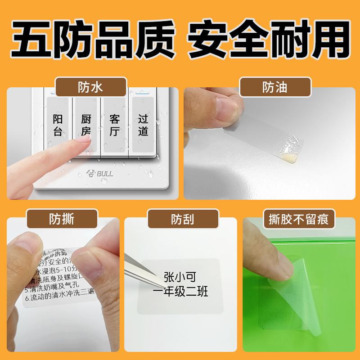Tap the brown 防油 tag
click(x=275, y=86)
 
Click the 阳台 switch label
click(x=58, y=125)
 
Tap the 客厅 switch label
click(x=115, y=125)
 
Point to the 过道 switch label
click(x=143, y=125)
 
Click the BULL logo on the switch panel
click(x=99, y=171)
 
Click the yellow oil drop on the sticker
click(x=288, y=157)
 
